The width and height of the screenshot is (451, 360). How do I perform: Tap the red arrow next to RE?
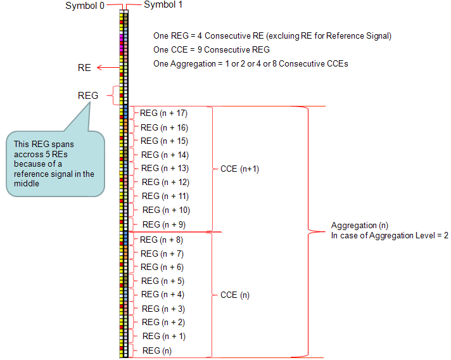coord(107,68)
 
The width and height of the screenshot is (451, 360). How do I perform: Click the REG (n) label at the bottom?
coord(156,350)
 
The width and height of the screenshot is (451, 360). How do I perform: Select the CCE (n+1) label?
coord(239,169)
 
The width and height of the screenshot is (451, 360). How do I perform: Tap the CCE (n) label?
coord(234,295)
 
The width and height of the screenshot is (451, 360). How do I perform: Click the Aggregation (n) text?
coord(360,226)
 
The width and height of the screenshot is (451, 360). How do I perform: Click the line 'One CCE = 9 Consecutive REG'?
coord(211,49)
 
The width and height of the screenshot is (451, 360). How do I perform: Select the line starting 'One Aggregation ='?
coord(250,63)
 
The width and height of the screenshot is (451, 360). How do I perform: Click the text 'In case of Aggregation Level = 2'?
coord(389,235)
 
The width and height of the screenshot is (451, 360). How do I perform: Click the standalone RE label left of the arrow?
coord(84,68)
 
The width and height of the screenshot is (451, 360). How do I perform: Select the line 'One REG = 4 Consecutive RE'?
coord(272,35)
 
